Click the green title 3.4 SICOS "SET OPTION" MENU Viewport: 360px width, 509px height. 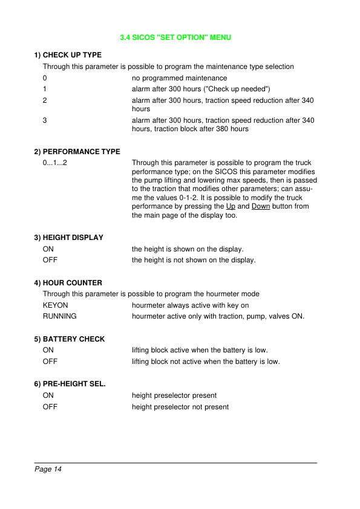[175, 37]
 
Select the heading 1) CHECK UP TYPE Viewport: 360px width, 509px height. [68, 55]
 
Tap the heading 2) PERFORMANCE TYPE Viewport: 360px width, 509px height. [77, 152]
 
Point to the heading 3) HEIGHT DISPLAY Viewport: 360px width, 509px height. [68, 238]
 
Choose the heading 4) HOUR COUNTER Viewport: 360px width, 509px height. [68, 283]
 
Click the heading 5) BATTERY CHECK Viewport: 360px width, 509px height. [70, 339]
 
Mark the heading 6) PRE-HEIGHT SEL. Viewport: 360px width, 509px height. [70, 384]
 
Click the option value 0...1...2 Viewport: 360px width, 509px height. [55, 163]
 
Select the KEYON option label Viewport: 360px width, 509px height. [55, 305]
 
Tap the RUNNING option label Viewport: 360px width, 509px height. [59, 316]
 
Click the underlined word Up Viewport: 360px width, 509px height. [231, 206]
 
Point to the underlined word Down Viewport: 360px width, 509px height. [261, 206]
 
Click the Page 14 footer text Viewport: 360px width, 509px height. [48, 470]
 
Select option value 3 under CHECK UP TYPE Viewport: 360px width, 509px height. [45, 120]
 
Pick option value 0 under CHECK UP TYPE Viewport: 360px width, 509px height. [45, 78]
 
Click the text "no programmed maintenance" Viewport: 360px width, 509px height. [179, 78]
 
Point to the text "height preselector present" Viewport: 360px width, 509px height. [174, 395]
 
